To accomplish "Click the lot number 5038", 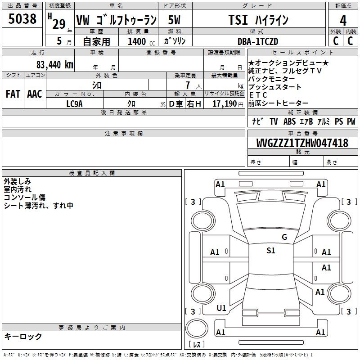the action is (x=22, y=19).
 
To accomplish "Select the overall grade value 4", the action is (x=343, y=21).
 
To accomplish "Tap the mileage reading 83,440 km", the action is (x=54, y=65).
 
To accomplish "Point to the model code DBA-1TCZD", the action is (x=258, y=41).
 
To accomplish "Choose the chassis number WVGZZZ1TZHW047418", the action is (x=302, y=143).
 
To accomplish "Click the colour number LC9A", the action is (x=74, y=104).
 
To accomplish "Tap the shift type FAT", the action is (x=13, y=94).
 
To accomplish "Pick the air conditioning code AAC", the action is (x=35, y=94).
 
